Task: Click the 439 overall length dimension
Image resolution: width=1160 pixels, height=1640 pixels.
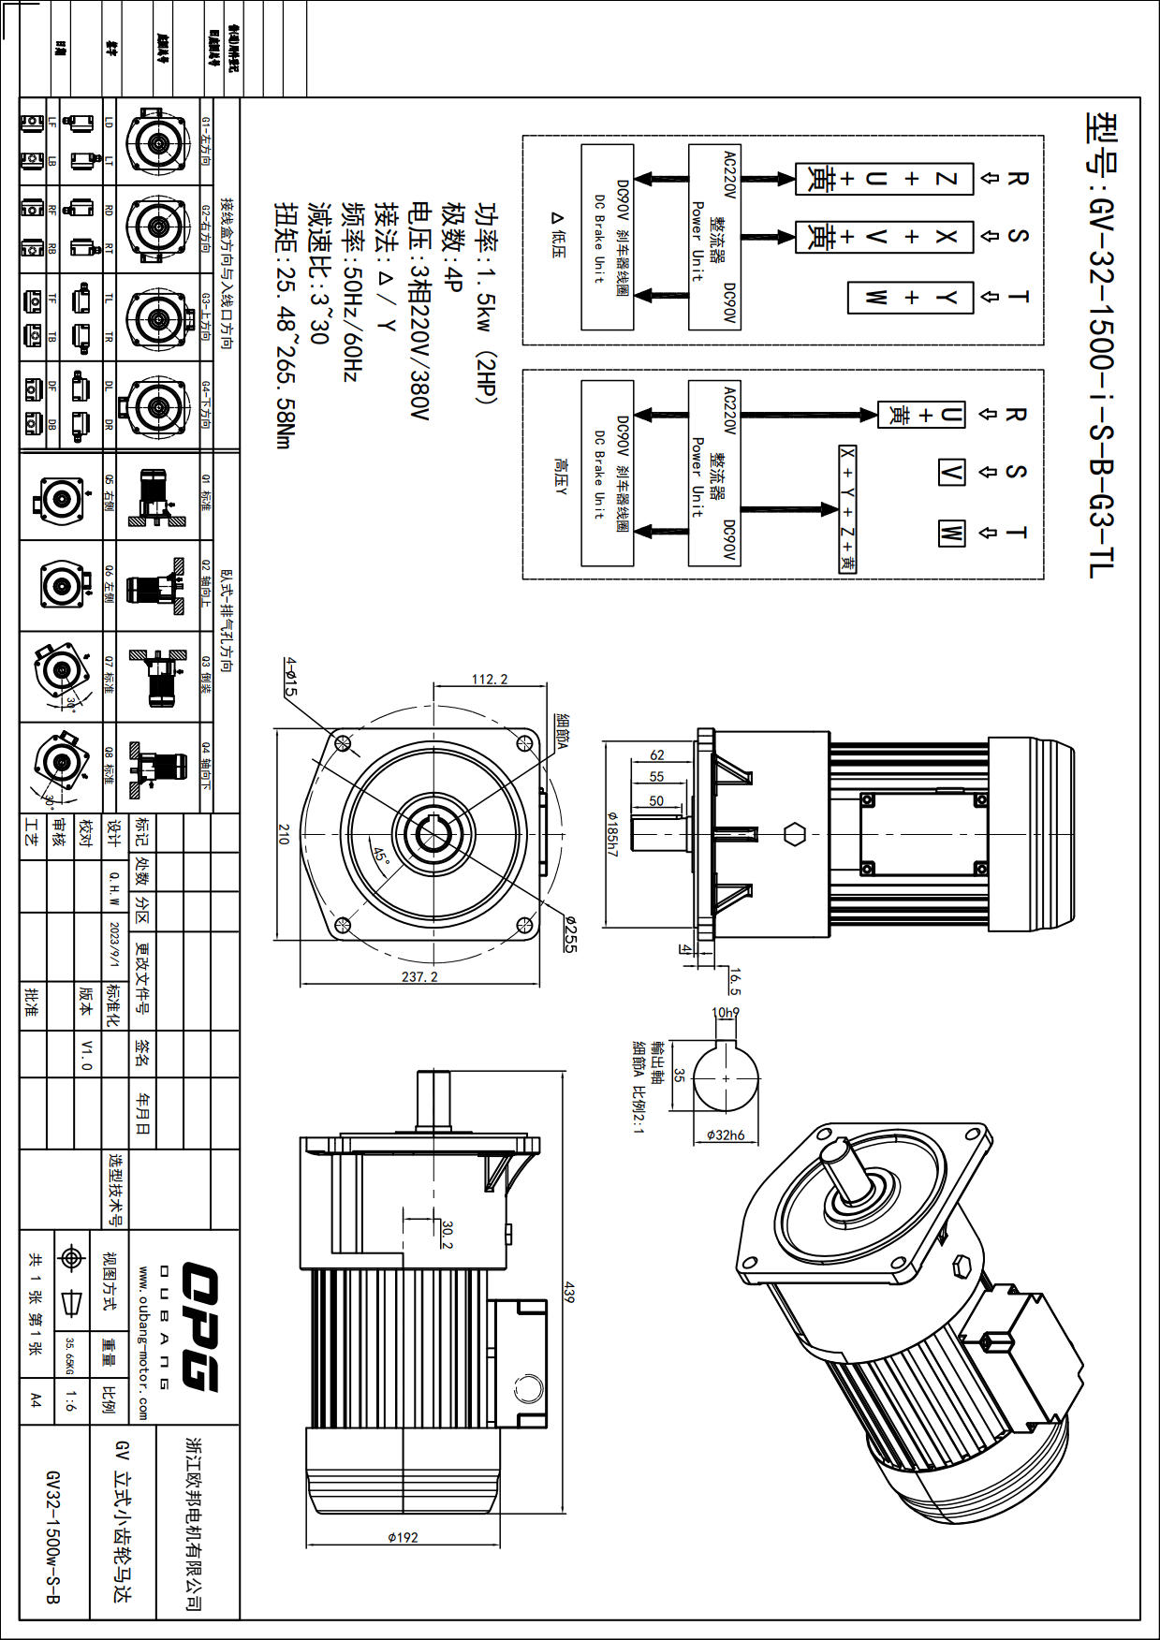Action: point(568,1293)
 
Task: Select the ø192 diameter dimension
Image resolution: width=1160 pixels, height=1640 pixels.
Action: point(403,1537)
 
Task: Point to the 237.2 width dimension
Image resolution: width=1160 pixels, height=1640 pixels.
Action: point(419,976)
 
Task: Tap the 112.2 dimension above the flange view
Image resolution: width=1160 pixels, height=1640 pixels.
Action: point(489,679)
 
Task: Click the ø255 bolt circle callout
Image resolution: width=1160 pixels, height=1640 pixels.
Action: point(569,933)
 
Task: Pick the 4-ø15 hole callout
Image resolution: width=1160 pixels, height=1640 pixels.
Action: point(290,677)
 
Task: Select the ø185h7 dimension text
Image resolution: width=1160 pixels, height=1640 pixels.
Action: point(613,834)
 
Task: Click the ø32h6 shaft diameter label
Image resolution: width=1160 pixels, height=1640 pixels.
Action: point(726,1135)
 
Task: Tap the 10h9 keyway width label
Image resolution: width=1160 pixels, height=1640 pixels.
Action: point(726,1012)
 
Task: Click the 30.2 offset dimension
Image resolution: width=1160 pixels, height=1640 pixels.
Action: point(447,1234)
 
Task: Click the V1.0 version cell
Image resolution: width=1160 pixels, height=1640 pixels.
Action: point(86,1054)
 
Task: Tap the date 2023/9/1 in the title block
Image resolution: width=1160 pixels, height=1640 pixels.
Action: point(114,944)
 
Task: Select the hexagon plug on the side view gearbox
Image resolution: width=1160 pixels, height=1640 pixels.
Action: point(794,834)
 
